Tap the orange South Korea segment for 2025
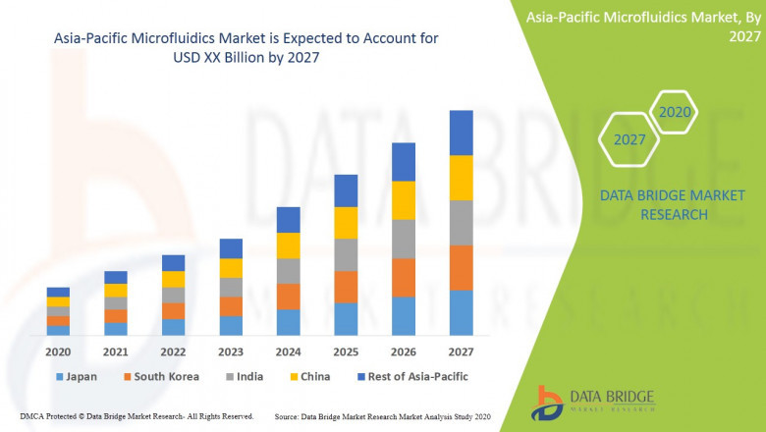[346, 287]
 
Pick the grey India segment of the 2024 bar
[288, 271]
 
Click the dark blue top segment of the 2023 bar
[231, 248]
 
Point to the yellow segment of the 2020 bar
[58, 301]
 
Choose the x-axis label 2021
[116, 351]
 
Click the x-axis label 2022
[173, 351]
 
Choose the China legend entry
[311, 376]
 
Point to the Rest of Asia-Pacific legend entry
[411, 376]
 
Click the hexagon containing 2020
[675, 112]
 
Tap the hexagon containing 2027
[629, 139]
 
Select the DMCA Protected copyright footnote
[137, 416]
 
